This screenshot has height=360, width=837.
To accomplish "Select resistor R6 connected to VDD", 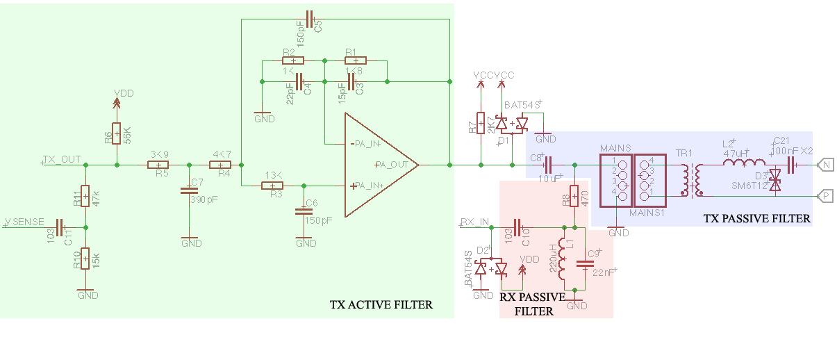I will coord(116,132).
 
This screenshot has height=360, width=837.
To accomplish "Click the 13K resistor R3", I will coord(272,186).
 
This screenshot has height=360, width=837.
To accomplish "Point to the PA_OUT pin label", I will coord(392,165).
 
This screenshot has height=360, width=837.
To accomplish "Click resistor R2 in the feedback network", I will coord(293,61).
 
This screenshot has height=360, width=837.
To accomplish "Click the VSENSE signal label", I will coord(24,222).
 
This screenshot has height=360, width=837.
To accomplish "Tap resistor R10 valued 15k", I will coord(85,259).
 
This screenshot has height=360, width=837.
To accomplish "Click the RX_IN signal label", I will coord(475,222).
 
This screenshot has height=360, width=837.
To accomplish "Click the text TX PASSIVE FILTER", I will coord(756,218).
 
